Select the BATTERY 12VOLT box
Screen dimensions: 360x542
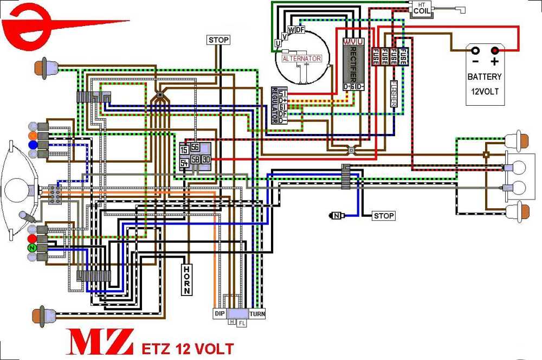[485, 75]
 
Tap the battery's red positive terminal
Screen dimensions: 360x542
[494, 51]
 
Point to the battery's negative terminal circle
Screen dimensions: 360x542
[475, 51]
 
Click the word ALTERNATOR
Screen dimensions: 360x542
[302, 59]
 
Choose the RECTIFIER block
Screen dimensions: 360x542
[353, 64]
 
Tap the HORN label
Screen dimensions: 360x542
[186, 280]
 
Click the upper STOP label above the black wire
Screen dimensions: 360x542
[218, 40]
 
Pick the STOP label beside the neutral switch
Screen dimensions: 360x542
[383, 216]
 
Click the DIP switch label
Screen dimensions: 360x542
[220, 314]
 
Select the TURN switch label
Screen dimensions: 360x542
[257, 314]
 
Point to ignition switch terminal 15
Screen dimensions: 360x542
[184, 150]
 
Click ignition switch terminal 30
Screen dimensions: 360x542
[205, 159]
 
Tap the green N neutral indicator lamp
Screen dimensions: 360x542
[32, 248]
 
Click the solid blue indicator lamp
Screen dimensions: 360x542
[32, 145]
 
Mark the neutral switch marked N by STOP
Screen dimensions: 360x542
[337, 216]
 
